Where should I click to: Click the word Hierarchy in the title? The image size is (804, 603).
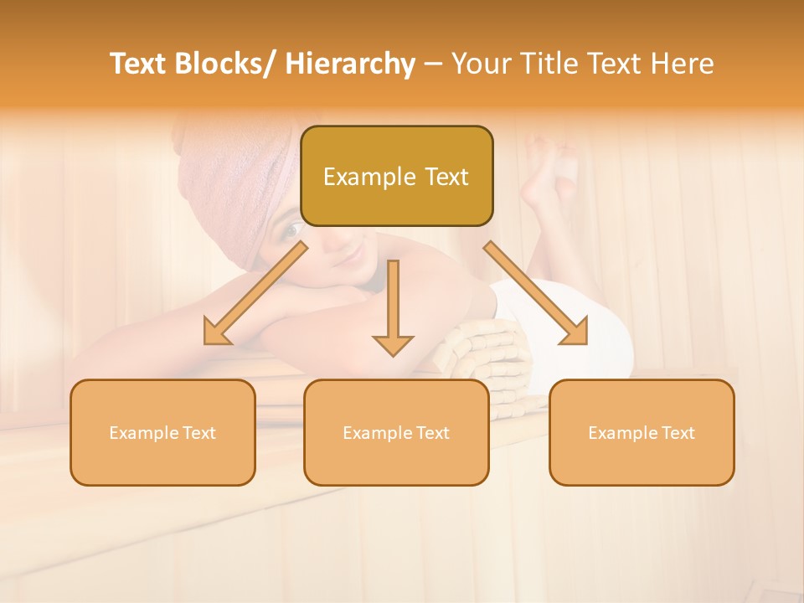pyautogui.click(x=350, y=64)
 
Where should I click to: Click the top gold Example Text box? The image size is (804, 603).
pyautogui.click(x=396, y=176)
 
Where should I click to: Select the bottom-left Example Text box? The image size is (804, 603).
pyautogui.click(x=162, y=432)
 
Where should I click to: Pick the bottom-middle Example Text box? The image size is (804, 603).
pyautogui.click(x=396, y=432)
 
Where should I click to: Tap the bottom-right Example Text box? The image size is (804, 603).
pyautogui.click(x=642, y=432)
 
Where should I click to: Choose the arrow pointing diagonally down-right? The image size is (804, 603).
pyautogui.click(x=536, y=293)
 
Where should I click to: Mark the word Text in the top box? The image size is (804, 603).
pyautogui.click(x=446, y=177)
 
